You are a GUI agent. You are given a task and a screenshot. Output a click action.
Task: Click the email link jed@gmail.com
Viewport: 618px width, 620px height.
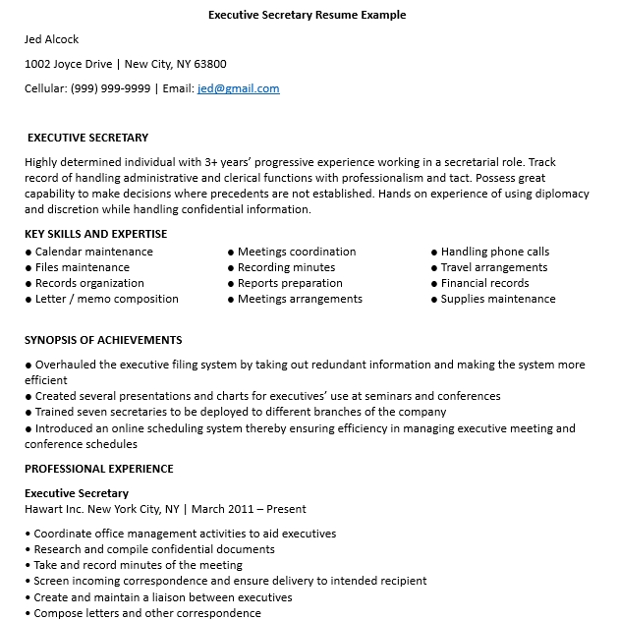238,88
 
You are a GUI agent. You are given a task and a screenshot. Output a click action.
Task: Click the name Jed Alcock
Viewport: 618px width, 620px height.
51,39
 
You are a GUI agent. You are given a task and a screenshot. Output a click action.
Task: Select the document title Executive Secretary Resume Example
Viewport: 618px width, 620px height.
308,15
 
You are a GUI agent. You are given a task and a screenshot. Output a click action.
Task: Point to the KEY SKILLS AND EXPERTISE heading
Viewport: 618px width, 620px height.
95,234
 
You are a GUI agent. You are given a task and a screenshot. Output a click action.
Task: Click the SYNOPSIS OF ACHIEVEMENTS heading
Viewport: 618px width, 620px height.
103,340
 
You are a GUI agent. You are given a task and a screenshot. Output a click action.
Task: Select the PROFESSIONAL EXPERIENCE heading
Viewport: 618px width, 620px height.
98,469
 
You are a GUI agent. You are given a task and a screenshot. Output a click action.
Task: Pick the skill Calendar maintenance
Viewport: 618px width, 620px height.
94,252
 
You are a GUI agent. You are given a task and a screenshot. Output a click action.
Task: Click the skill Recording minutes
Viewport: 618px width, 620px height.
286,267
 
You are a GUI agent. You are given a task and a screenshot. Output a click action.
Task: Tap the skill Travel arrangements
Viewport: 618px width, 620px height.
494,267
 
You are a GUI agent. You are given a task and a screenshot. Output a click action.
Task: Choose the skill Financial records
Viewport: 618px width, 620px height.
485,283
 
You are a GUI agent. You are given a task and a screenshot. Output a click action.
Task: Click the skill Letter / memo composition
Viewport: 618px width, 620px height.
107,299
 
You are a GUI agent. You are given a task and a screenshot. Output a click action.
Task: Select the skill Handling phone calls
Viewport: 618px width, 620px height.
495,252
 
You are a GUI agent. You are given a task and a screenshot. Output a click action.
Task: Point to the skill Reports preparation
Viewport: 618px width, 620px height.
290,283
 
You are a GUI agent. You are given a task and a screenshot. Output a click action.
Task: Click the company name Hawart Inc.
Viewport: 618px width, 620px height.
54,509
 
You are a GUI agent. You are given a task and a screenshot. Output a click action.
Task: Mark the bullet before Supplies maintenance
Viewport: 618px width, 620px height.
434,300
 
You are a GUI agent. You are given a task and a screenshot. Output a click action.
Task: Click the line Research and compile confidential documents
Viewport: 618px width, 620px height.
154,549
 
